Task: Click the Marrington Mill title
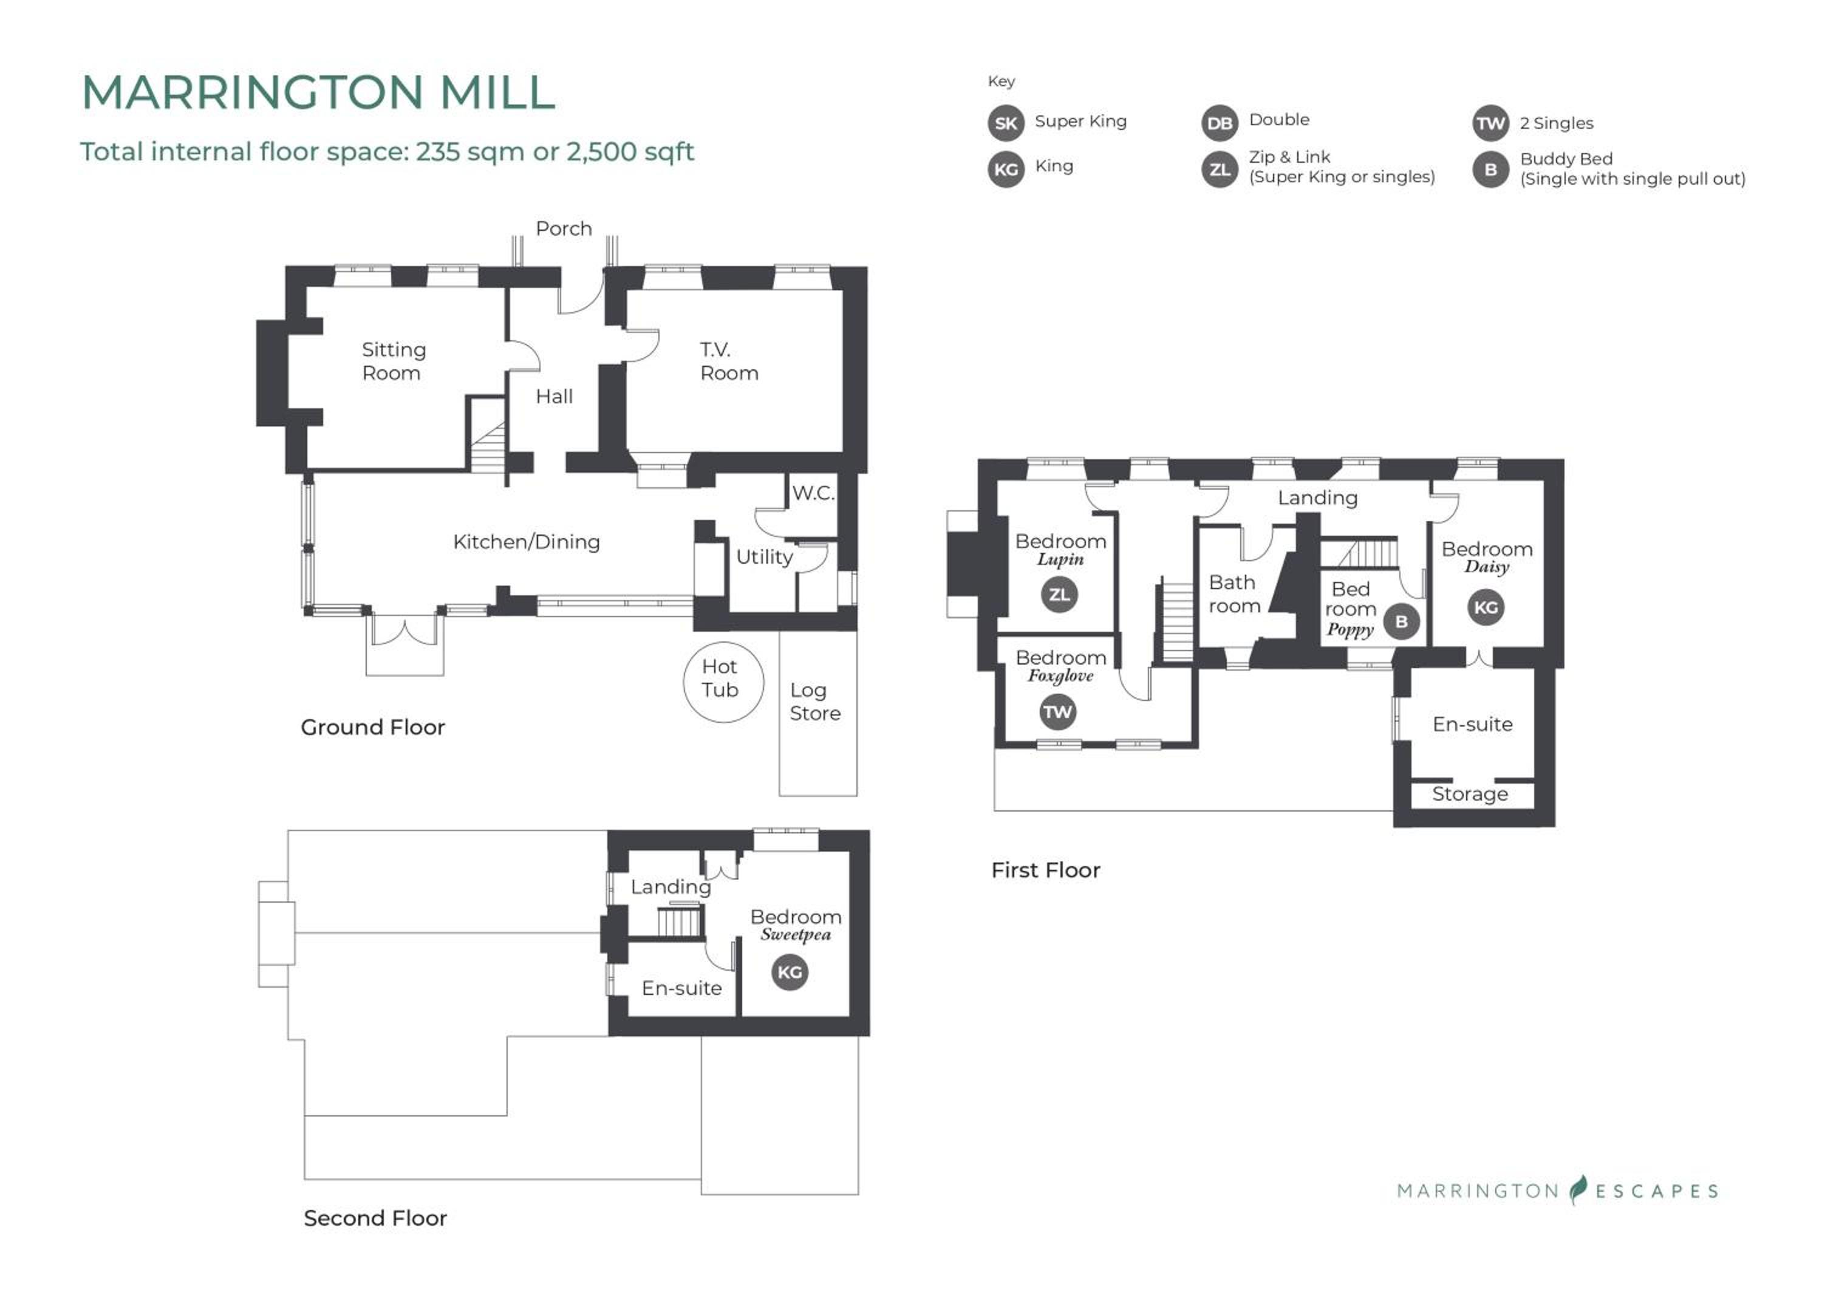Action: coord(318,92)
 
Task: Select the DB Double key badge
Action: coord(1220,123)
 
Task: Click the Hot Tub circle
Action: coord(723,682)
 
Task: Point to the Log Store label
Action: coord(815,702)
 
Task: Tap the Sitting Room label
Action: coord(394,361)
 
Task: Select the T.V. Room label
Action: coord(728,361)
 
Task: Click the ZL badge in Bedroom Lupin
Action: coord(1059,595)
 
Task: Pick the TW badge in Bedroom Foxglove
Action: coord(1058,712)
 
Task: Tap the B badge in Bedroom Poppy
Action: coord(1401,621)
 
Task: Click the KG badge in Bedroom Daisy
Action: coord(1486,608)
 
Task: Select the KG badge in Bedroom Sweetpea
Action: coord(790,973)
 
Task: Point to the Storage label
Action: coord(1470,795)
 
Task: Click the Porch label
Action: coord(564,228)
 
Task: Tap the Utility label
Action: coord(764,557)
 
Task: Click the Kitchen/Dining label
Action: coord(526,542)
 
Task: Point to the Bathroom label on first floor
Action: coord(1234,595)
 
